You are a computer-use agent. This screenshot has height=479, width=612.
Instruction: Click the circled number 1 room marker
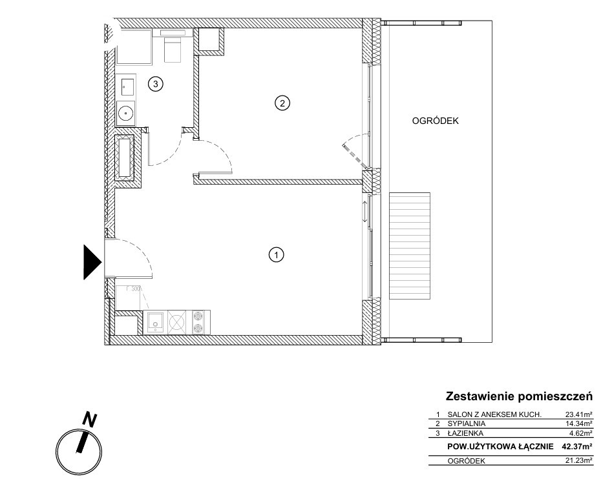point(277,255)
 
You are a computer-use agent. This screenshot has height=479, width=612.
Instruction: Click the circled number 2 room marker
point(282,103)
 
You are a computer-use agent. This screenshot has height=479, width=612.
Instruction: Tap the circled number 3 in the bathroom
point(155,84)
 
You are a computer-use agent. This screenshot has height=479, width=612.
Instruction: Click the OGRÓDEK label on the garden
point(435,121)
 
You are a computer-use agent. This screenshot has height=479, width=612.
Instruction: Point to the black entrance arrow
point(93,262)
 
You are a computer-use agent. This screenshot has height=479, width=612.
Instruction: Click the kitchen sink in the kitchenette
point(155,322)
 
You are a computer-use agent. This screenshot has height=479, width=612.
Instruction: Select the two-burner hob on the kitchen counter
point(198,322)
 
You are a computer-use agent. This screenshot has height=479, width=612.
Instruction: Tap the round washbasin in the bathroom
point(126,113)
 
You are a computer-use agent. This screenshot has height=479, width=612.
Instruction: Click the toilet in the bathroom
point(172,46)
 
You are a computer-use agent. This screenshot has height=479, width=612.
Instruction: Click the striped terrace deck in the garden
point(410,245)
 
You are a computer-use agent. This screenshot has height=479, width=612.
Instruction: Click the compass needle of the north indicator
point(83,443)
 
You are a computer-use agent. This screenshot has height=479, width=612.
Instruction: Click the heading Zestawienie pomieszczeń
point(519,397)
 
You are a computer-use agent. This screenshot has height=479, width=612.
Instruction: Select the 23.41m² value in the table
point(579,414)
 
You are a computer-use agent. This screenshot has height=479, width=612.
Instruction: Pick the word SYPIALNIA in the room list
point(467,423)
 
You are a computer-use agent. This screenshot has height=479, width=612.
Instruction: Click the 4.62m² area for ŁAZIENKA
point(581,433)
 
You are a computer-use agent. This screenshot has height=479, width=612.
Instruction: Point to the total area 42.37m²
point(577,447)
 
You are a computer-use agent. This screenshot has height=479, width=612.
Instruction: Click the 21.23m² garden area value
point(579,461)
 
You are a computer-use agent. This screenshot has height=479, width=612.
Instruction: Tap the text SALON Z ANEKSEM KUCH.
point(494,414)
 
